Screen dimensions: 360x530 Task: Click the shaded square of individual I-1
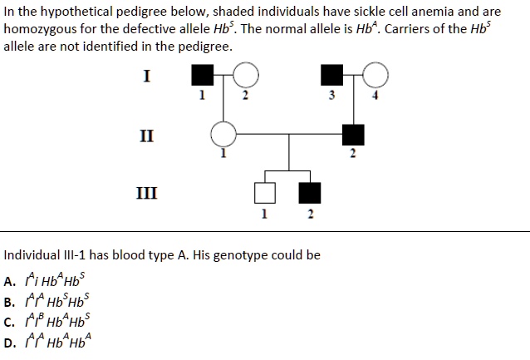click(x=201, y=76)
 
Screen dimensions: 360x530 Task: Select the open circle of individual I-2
click(x=244, y=76)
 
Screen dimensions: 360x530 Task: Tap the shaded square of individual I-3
click(x=331, y=76)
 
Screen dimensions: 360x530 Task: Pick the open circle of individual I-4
click(x=375, y=76)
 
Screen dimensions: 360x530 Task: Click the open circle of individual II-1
click(x=223, y=134)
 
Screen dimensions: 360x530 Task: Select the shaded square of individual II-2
click(x=353, y=134)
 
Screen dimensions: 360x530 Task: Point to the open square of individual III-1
click(x=265, y=193)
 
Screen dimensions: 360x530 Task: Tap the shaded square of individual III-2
click(x=310, y=193)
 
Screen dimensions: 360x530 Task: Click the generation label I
click(x=147, y=76)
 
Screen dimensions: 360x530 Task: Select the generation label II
click(x=147, y=134)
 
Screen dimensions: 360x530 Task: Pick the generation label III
click(x=147, y=193)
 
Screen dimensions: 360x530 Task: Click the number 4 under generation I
click(x=375, y=96)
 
